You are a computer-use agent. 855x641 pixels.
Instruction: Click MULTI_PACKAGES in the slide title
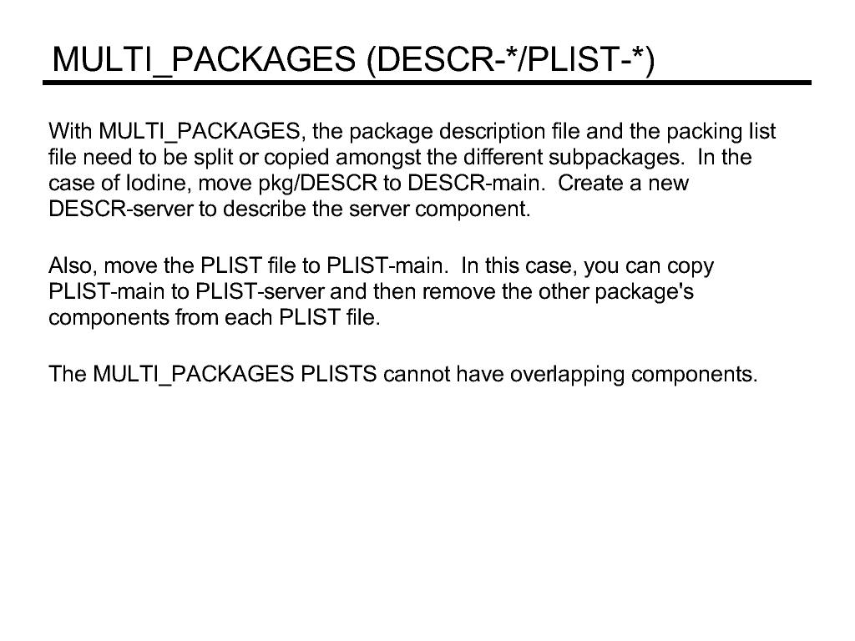click(204, 60)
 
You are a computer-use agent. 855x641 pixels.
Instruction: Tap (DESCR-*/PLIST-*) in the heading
click(510, 59)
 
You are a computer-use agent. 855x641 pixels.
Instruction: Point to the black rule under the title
click(427, 83)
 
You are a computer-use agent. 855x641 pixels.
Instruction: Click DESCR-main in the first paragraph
click(476, 183)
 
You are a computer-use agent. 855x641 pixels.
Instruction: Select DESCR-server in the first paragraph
click(121, 209)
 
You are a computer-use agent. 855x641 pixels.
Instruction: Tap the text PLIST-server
click(261, 291)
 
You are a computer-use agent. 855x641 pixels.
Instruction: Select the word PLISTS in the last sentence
click(338, 375)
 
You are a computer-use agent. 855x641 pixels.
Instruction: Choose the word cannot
click(417, 375)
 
